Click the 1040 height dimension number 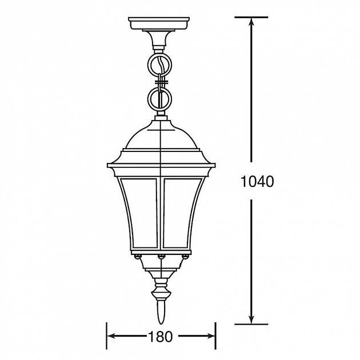tap(257, 181)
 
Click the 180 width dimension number tap(160, 337)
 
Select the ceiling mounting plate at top tap(159, 23)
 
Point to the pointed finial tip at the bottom tap(161, 324)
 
